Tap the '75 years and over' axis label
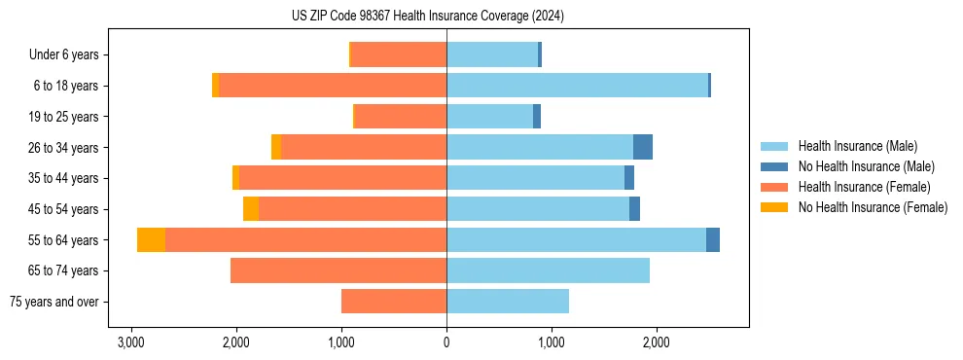[x=53, y=302]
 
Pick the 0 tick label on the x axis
[x=446, y=343]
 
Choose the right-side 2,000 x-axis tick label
[x=657, y=343]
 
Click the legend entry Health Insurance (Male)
[x=857, y=146]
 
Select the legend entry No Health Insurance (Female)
[x=873, y=207]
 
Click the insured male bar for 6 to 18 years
[x=577, y=86]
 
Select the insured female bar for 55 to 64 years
[x=305, y=240]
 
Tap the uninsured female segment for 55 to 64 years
[x=151, y=240]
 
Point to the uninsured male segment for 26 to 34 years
[x=643, y=147]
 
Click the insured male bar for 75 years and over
[x=508, y=302]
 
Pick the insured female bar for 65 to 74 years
[x=339, y=270]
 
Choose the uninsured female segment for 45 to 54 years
[x=251, y=209]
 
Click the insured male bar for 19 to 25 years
[x=489, y=117]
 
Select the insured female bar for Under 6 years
[x=399, y=55]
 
